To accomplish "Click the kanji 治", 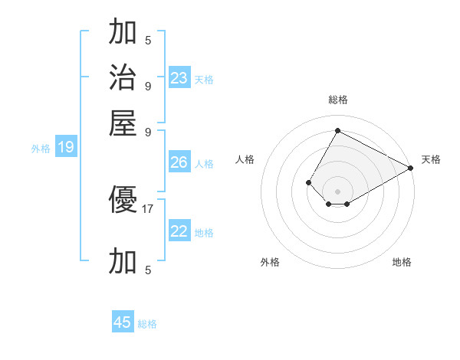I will click(x=123, y=77).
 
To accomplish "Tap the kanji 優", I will click(x=123, y=201).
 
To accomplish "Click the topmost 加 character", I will click(x=123, y=32).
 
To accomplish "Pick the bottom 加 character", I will click(x=123, y=261).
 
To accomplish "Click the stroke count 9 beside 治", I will click(x=148, y=85).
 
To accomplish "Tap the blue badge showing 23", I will click(x=179, y=77).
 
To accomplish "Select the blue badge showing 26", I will click(x=179, y=162).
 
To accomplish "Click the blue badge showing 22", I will click(x=179, y=231).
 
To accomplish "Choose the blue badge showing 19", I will click(x=66, y=148).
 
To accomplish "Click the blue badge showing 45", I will click(x=123, y=322).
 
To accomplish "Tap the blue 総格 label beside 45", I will click(x=147, y=324).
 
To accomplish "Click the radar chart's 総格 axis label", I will click(x=337, y=100).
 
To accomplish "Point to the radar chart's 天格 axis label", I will click(x=431, y=159).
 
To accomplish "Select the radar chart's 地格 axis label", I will click(x=402, y=262).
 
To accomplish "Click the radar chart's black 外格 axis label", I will click(x=270, y=262).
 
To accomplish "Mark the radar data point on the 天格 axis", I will click(x=411, y=168).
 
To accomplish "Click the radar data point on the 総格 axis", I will click(x=337, y=131).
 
